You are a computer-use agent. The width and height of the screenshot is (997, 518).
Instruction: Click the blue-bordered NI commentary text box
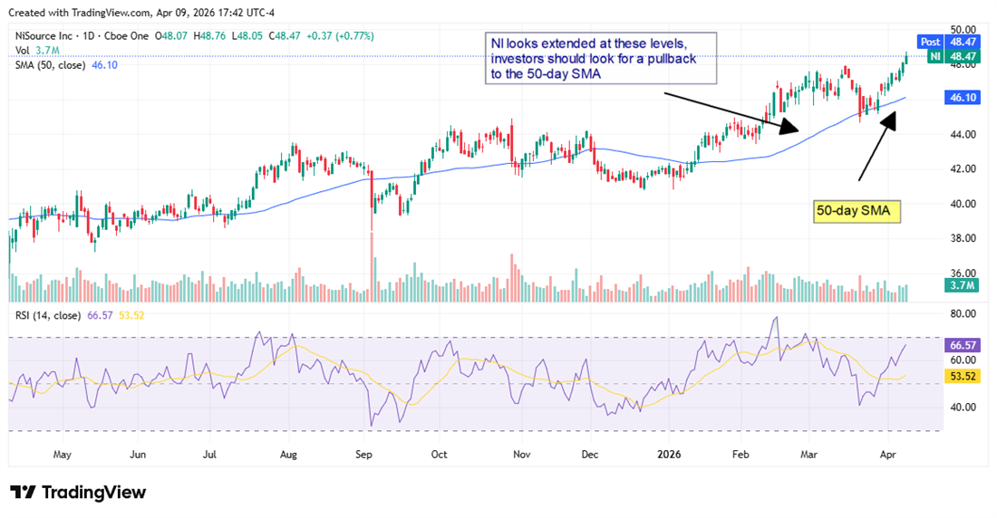[x=600, y=59]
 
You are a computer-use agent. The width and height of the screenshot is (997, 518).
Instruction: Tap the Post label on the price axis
[x=930, y=42]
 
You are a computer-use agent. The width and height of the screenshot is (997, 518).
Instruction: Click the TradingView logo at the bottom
[x=78, y=493]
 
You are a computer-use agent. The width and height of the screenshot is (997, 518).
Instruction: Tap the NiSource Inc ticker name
[x=42, y=35]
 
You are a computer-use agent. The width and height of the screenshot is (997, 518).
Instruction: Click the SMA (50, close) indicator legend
[x=49, y=66]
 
